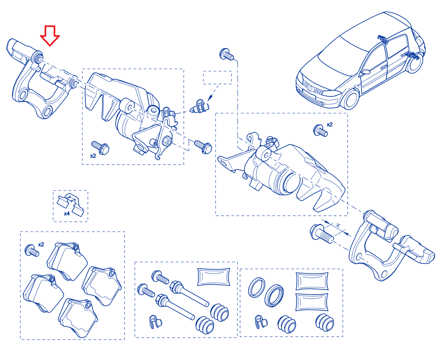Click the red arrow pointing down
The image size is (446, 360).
pyautogui.click(x=50, y=35)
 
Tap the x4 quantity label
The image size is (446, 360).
pyautogui.click(x=67, y=213)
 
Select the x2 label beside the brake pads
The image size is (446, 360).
pyautogui.click(x=41, y=244)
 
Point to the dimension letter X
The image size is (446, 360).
pyautogui.click(x=338, y=225)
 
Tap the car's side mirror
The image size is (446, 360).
pyautogui.click(x=365, y=72)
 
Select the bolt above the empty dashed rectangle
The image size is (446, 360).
pyautogui.click(x=226, y=54)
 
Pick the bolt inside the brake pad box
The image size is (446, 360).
pyautogui.click(x=32, y=250)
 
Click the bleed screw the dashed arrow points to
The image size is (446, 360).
pyautogui.click(x=199, y=106)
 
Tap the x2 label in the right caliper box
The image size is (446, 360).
pyautogui.click(x=330, y=125)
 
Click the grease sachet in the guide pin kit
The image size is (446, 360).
pyautogui.click(x=214, y=277)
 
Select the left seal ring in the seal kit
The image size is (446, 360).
pyautogui.click(x=257, y=287)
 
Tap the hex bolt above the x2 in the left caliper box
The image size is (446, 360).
pyautogui.click(x=100, y=148)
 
